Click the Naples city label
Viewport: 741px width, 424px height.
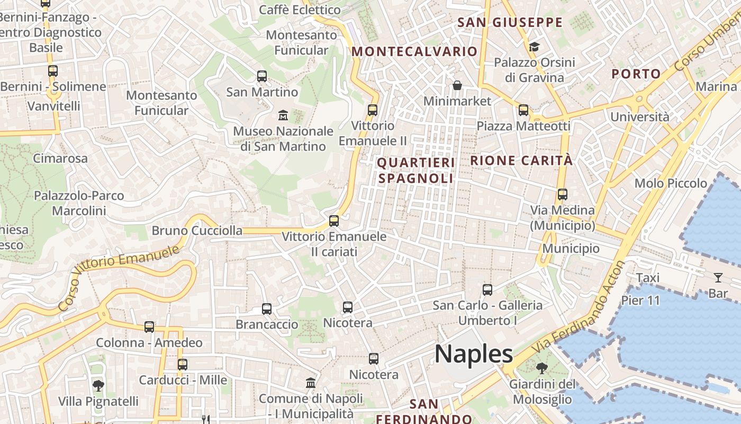pos(474,354)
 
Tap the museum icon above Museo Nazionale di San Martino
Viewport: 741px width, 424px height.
pos(283,115)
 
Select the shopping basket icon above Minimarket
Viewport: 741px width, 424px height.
pos(457,85)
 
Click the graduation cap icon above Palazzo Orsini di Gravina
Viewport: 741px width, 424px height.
pos(534,47)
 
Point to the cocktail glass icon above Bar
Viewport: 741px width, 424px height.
pos(718,277)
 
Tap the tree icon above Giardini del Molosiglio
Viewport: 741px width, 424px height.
pos(541,368)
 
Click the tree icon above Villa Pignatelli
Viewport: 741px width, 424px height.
pos(98,385)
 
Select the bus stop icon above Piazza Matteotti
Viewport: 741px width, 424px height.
pos(523,110)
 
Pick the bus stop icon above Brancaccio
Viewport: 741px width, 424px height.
pos(267,308)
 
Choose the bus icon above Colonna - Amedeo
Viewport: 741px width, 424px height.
pos(149,327)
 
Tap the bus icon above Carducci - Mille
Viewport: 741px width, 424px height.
pos(183,365)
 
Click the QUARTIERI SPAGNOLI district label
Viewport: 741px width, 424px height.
pos(416,170)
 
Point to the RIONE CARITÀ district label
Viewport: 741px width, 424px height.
pos(521,161)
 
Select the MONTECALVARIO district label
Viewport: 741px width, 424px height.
pos(414,51)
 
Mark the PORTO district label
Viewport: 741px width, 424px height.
pos(636,74)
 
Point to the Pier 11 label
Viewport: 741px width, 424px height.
pos(640,301)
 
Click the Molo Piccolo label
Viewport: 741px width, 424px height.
pos(671,183)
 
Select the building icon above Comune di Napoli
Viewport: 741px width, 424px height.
pos(311,383)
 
